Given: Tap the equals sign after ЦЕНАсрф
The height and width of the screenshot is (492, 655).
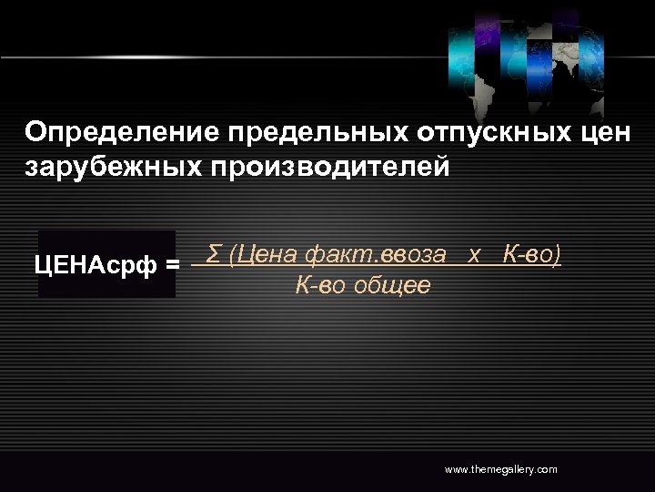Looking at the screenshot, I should (173, 265).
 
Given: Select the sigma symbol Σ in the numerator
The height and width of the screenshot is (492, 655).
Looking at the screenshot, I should (214, 253).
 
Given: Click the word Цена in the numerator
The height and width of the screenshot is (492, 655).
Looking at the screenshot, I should (265, 254).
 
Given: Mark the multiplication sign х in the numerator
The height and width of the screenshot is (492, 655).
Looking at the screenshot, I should (474, 254).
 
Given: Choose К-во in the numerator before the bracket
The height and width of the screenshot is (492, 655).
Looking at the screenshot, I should (528, 254).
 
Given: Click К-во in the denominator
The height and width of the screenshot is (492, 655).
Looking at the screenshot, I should (319, 285).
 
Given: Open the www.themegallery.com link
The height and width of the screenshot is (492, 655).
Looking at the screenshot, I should (500, 469).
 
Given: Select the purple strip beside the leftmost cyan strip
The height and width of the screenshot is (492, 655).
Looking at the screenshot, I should (488, 36).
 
